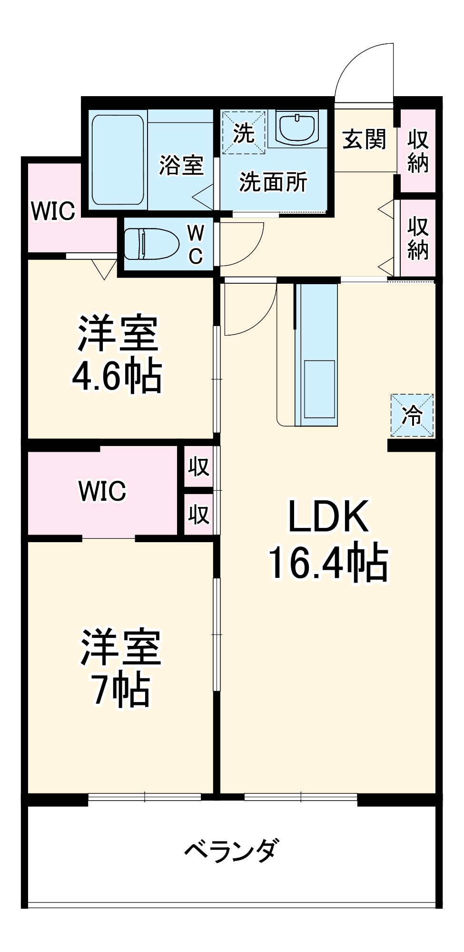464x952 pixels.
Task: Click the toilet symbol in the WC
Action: (x=151, y=244)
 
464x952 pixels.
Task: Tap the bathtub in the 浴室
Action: (x=118, y=159)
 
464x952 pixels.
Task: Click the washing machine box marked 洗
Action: (x=244, y=133)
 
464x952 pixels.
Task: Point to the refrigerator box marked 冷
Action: (x=412, y=416)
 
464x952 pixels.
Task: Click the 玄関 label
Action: (x=365, y=140)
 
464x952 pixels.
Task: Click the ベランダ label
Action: (x=230, y=850)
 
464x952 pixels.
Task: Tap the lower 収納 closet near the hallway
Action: (x=417, y=238)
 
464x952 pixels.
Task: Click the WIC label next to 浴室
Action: (x=53, y=210)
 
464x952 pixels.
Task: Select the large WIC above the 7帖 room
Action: (x=103, y=490)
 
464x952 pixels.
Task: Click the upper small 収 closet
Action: (x=198, y=467)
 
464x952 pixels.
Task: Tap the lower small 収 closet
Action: (x=198, y=515)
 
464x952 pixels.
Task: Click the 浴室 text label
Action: (x=181, y=165)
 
